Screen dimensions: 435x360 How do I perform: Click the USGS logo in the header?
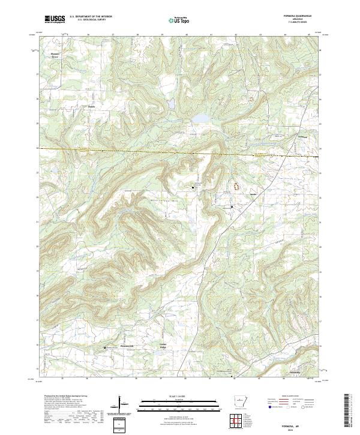coord(55,19)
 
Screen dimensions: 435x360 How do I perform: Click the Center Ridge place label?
coord(162,344)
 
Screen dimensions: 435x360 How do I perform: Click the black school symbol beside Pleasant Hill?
coord(106,347)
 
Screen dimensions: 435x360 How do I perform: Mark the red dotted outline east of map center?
coord(236,185)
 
